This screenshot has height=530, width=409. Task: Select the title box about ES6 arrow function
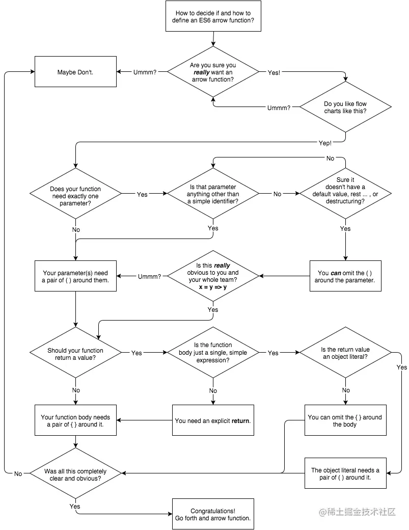[x=213, y=16]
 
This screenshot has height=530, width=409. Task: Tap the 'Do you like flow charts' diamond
[x=345, y=108]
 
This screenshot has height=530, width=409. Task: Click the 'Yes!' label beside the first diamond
[x=274, y=73]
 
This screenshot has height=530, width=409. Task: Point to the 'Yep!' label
[x=324, y=143]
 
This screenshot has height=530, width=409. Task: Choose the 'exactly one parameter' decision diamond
[x=75, y=194]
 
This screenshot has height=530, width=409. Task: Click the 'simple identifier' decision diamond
[x=213, y=194]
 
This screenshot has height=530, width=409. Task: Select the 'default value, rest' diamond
[x=345, y=194]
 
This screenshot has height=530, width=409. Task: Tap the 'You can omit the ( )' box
[x=345, y=276]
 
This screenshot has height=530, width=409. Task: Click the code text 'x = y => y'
[x=213, y=287]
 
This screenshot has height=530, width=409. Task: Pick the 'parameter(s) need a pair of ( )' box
[x=75, y=276]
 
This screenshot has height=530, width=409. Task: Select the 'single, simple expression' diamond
[x=213, y=353]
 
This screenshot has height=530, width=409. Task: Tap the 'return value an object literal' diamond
[x=345, y=353]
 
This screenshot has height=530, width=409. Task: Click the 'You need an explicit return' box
[x=213, y=420]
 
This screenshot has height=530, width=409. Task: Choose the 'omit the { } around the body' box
[x=345, y=420]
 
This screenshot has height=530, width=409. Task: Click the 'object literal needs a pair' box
[x=345, y=473]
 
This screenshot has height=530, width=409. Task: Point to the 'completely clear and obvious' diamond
[x=75, y=474]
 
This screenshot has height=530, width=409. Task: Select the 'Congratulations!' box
[x=213, y=514]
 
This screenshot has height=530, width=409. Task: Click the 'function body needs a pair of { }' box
[x=75, y=420]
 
